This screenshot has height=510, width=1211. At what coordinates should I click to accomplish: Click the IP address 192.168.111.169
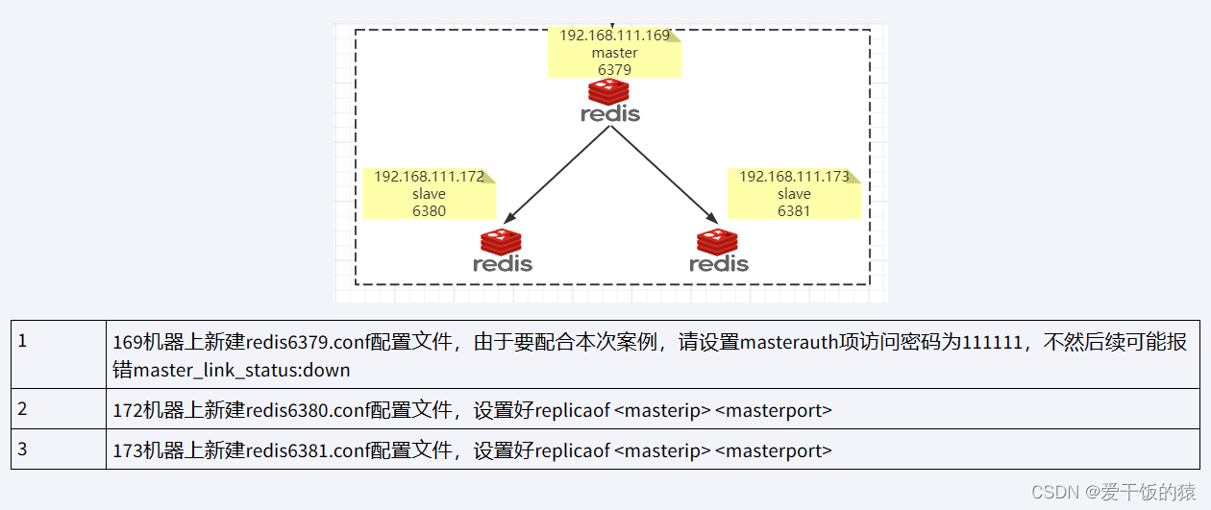(614, 36)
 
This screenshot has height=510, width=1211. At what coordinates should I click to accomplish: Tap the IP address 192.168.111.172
(429, 177)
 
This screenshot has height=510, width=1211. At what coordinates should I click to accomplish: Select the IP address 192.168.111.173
(794, 177)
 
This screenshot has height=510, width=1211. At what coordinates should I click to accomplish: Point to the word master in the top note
(614, 53)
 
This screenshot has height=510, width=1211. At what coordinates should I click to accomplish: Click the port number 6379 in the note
(614, 70)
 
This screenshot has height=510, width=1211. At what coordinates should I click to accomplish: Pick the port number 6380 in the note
(429, 211)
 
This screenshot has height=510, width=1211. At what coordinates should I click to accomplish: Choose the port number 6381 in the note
(794, 211)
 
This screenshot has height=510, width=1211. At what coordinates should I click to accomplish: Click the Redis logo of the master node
(610, 101)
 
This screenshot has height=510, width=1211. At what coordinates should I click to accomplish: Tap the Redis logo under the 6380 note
(502, 251)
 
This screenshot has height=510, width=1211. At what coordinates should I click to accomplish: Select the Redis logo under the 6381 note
(719, 251)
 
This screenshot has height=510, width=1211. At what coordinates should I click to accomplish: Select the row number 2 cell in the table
(59, 409)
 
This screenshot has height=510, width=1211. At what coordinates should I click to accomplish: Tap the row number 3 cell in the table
(59, 449)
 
